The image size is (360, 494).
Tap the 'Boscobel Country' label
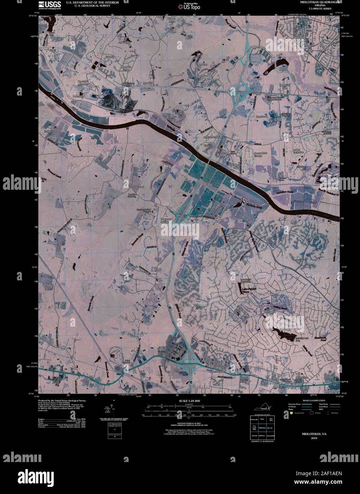83,83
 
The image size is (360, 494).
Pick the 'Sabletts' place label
48,131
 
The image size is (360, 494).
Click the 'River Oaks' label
173,118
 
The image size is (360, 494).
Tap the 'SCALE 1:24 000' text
190,401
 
